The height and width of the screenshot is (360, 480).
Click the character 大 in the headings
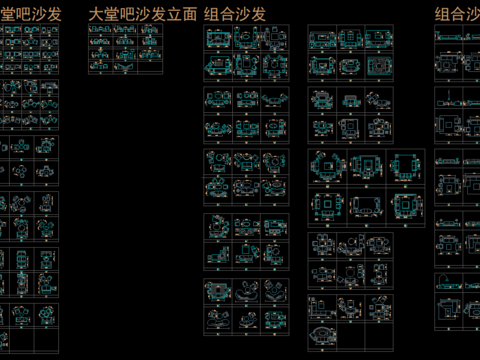[96, 15]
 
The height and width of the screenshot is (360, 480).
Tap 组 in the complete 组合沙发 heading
[212, 15]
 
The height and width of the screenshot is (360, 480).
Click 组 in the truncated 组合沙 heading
[443, 15]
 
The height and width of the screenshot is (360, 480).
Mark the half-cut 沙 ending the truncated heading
[474, 15]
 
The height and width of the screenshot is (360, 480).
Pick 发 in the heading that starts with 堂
[52, 15]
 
